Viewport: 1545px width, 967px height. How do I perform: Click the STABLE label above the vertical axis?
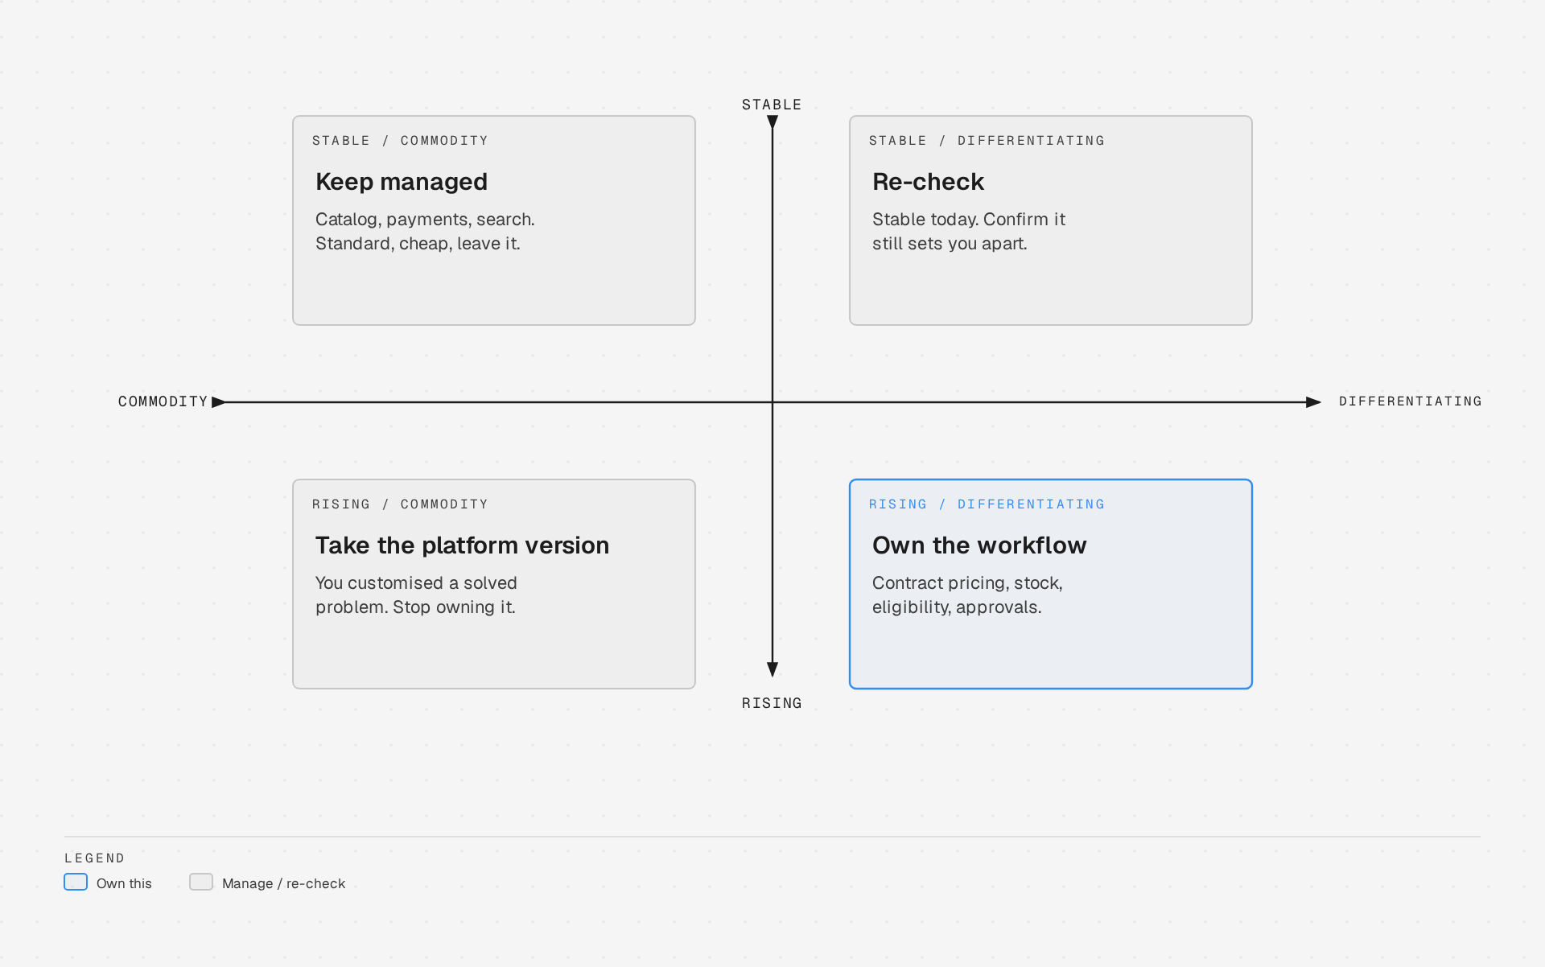[x=772, y=105]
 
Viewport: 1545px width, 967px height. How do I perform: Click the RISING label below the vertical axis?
[x=772, y=703]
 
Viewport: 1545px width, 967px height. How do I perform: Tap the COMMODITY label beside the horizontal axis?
[x=163, y=401]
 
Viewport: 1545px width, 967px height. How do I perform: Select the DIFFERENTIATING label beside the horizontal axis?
[x=1410, y=401]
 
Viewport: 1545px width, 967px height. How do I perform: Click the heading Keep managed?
[x=402, y=182]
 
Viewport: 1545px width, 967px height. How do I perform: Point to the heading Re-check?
[x=928, y=182]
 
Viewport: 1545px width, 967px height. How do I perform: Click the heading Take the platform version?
[x=462, y=545]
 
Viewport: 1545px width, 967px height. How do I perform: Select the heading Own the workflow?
[x=979, y=545]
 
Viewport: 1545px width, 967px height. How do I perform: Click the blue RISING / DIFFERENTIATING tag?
[x=987, y=504]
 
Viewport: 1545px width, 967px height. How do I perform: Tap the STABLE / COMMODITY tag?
[x=400, y=141]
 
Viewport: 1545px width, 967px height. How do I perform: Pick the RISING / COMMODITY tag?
[x=400, y=504]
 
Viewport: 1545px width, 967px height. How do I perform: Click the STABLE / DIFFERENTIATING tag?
[x=987, y=141]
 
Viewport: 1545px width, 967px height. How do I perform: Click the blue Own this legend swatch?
[x=76, y=882]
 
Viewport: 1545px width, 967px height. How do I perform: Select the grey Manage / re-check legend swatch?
[x=201, y=882]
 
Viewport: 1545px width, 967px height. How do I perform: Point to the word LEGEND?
[x=95, y=858]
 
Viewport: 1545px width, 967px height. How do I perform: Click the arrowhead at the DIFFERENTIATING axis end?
[x=1313, y=401]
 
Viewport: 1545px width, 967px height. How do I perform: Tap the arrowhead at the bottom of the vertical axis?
[x=772, y=669]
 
